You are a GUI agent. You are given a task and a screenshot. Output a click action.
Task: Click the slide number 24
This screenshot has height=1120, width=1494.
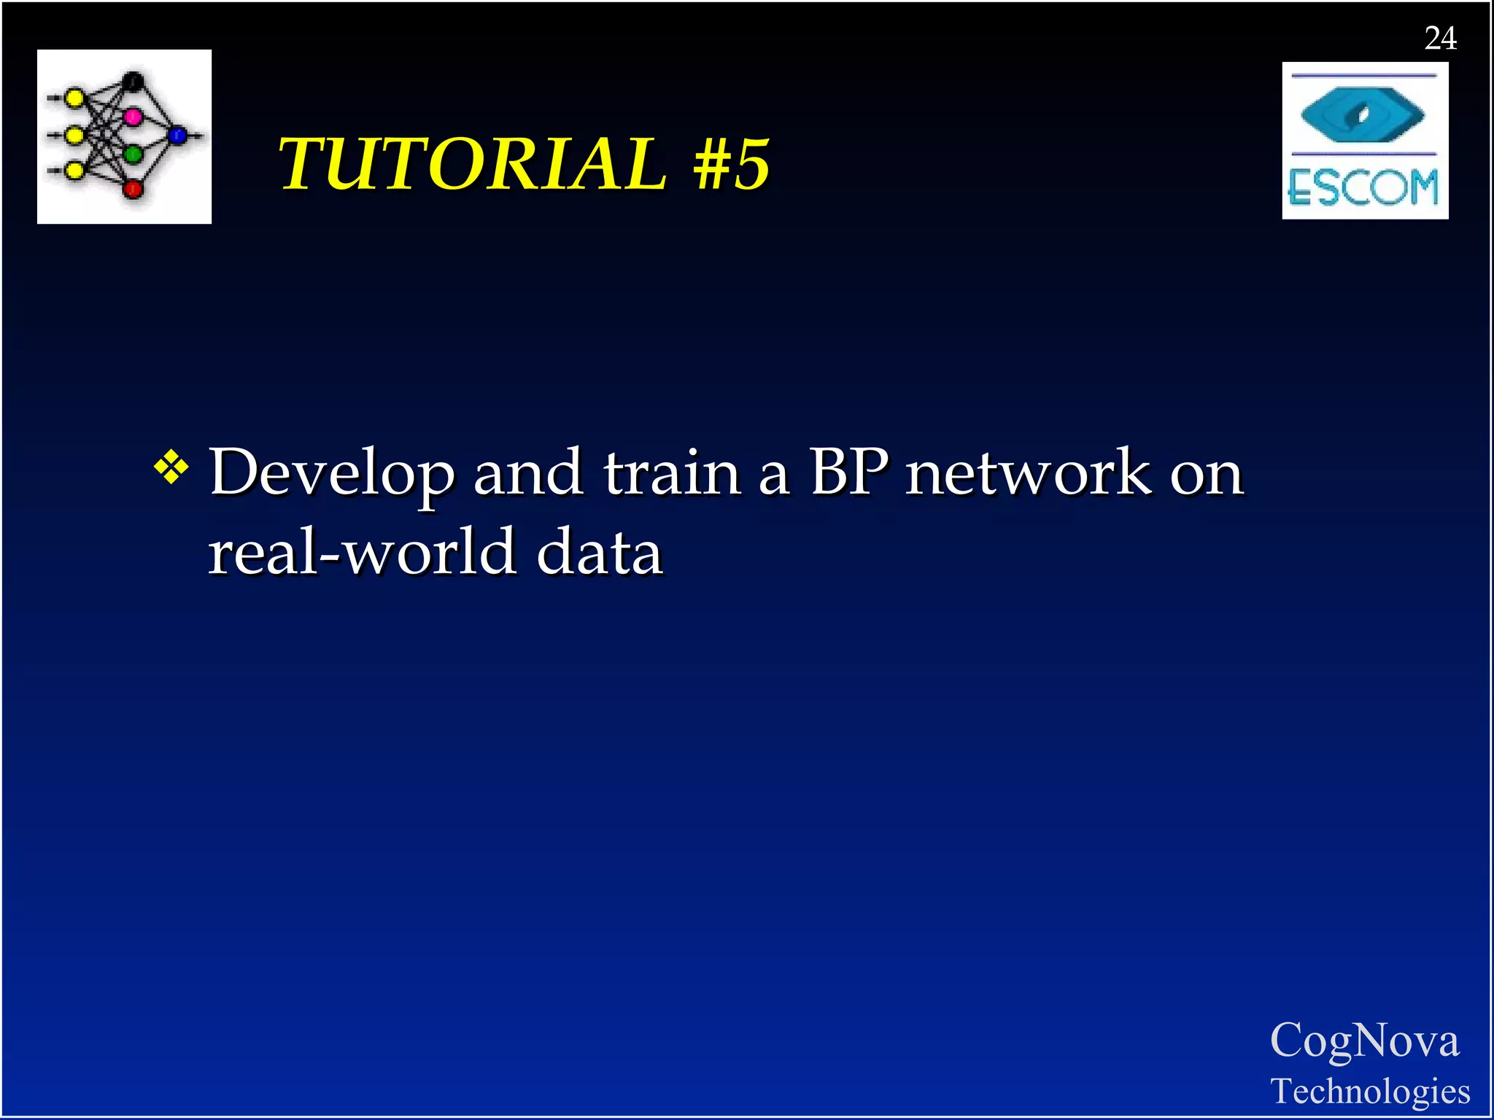click(x=1440, y=38)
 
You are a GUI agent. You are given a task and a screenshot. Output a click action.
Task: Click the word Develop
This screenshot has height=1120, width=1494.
click(x=332, y=474)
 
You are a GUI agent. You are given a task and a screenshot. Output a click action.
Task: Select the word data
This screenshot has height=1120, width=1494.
click(x=599, y=552)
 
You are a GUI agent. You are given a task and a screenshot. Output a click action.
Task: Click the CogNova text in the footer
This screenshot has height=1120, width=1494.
click(x=1364, y=1040)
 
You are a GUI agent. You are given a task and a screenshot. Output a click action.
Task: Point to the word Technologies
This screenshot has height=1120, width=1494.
click(x=1370, y=1092)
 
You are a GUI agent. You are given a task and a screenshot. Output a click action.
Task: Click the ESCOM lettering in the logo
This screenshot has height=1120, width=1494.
click(x=1363, y=187)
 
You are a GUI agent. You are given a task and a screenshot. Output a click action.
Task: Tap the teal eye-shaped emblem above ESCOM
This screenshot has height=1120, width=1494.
click(x=1363, y=114)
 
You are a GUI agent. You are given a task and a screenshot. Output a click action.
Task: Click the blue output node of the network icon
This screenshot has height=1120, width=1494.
click(x=177, y=135)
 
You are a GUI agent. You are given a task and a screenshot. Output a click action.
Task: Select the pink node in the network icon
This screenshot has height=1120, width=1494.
click(x=133, y=116)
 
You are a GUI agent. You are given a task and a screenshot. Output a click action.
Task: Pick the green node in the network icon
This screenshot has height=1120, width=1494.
click(x=133, y=154)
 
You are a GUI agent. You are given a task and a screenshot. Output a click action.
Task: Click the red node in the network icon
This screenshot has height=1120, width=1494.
click(x=133, y=190)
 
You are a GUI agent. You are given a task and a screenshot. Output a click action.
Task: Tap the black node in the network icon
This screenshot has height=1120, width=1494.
click(x=133, y=81)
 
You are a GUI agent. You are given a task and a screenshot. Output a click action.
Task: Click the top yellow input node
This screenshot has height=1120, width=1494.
click(x=74, y=98)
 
